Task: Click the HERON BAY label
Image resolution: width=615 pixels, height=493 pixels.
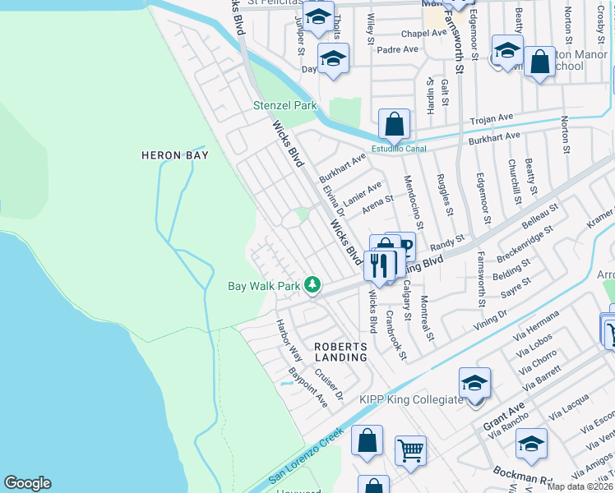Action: [x=173, y=154]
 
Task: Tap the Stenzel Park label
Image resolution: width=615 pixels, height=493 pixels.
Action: [x=284, y=106]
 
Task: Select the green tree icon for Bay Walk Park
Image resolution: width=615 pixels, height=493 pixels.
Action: [x=312, y=285]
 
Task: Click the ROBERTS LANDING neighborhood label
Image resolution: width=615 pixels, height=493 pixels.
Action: [x=340, y=352]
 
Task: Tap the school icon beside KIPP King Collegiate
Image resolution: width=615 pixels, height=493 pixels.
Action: [x=474, y=384]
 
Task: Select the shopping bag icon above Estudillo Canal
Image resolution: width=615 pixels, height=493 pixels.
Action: [x=395, y=125]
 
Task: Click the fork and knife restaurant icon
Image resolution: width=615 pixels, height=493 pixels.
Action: [x=379, y=265]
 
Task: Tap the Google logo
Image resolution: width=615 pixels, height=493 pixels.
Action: [x=27, y=483]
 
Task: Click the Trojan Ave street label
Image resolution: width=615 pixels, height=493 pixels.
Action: [x=491, y=120]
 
